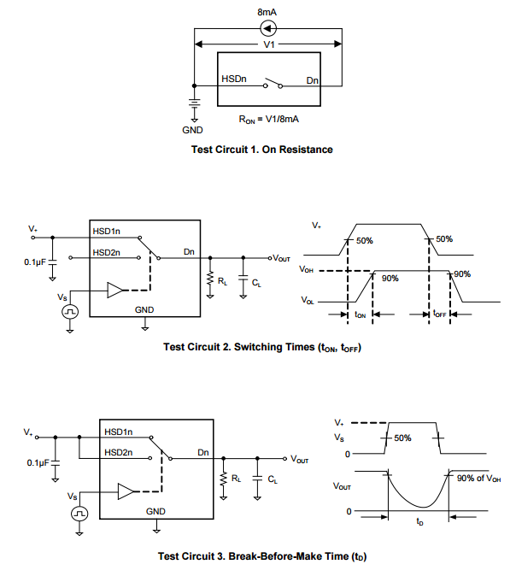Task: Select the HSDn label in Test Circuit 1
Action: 235,79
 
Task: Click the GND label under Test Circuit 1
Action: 193,131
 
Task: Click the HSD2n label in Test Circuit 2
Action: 107,253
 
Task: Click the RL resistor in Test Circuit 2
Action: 209,279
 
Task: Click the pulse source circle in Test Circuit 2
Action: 70,313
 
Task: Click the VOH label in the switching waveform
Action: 307,269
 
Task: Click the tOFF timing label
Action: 439,314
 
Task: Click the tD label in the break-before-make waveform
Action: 419,520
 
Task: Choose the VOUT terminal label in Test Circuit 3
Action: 300,459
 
